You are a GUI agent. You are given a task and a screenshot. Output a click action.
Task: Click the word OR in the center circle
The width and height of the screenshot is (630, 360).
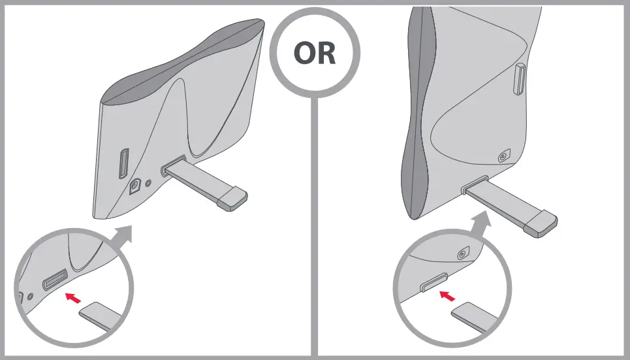315,54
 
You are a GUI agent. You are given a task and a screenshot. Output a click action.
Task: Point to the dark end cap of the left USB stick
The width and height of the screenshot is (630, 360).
233,198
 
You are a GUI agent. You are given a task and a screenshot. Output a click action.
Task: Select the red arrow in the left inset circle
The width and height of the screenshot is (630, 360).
75,298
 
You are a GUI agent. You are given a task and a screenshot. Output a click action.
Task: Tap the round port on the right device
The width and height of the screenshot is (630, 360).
502,157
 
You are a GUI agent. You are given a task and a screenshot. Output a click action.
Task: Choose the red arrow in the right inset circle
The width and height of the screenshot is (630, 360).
447,296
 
